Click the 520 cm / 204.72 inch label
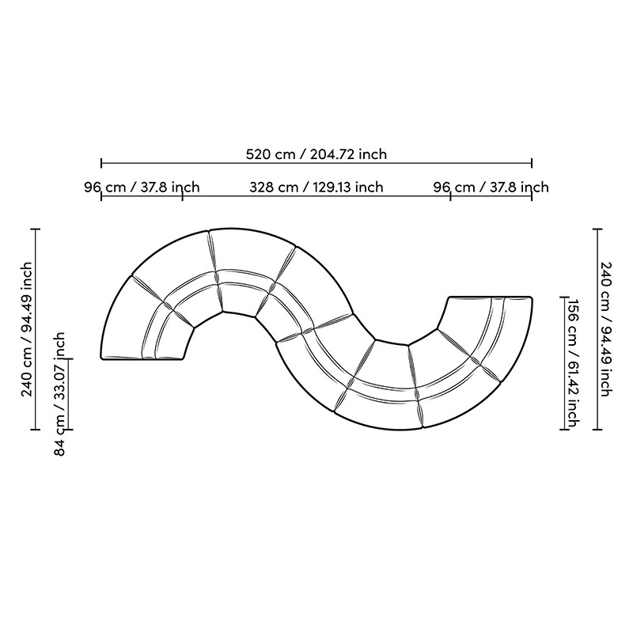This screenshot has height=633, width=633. (x=316, y=154)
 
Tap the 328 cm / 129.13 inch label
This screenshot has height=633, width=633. (x=316, y=188)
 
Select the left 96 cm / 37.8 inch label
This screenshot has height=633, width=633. (x=142, y=188)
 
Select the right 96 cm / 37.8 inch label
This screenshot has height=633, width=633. (x=491, y=188)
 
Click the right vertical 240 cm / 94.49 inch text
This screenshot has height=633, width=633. (x=605, y=328)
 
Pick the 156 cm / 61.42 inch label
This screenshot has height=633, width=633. (x=575, y=363)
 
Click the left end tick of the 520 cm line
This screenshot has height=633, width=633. (x=101, y=163)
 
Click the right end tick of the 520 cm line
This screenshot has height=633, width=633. (x=532, y=163)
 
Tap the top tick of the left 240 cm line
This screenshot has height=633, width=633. (x=36, y=229)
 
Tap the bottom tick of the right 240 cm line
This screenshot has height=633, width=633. (x=599, y=430)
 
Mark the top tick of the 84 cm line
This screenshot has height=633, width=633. (x=69, y=359)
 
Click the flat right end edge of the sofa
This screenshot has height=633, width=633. (x=491, y=297)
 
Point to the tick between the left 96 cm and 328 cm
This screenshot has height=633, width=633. (x=183, y=195)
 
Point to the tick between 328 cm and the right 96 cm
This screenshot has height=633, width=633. (x=450, y=195)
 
